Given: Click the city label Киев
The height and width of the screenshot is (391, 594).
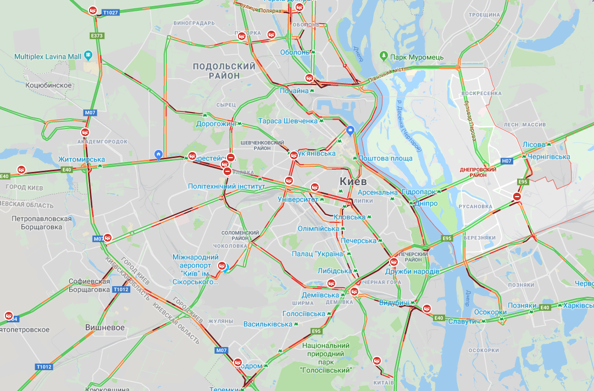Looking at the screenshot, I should click(x=353, y=181).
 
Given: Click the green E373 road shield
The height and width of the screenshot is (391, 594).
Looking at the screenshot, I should click(x=96, y=36).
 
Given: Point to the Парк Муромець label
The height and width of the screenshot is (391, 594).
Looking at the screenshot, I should click(x=417, y=57).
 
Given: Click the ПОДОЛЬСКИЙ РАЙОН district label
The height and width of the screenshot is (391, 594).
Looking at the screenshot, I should click(x=224, y=71).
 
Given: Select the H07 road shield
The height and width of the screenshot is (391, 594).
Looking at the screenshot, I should click(x=507, y=161).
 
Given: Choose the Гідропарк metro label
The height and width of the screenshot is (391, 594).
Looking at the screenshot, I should click(x=418, y=192).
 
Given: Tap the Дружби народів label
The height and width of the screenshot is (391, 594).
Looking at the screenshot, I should click(x=412, y=271).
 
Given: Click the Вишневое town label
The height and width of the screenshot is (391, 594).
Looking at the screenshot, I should click(x=105, y=327).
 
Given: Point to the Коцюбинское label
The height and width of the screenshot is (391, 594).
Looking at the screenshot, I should click(x=49, y=85).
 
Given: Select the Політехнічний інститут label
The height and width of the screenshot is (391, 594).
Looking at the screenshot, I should click(x=226, y=186).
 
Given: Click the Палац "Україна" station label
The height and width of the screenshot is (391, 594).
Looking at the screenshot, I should click(x=318, y=253).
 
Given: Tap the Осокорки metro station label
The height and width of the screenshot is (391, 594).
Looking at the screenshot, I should click(x=490, y=312).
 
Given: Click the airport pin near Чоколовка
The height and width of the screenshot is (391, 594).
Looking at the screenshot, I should click(x=223, y=267).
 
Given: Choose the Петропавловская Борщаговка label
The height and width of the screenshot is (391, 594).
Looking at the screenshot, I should click(x=42, y=222).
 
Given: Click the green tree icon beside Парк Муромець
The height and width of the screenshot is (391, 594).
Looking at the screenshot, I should click(x=384, y=57).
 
